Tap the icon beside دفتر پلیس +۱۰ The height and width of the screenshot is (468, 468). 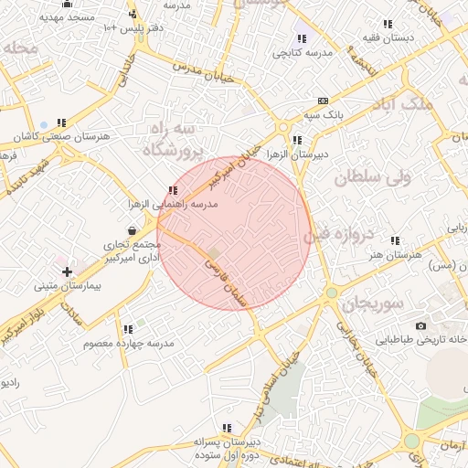(133, 14)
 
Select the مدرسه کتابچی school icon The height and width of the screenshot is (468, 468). (302, 38)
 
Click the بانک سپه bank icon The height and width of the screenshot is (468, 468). (323, 100)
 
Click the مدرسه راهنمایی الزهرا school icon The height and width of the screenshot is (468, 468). (173, 190)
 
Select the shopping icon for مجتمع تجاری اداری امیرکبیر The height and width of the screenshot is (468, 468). (134, 231)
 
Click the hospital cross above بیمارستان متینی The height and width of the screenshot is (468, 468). (67, 271)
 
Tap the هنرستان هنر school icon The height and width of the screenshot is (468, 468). (395, 240)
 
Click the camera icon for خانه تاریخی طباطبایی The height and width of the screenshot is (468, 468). (420, 325)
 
